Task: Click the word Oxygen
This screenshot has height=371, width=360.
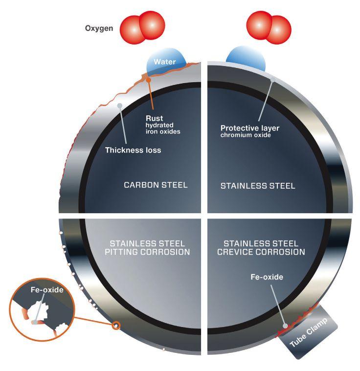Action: pyautogui.click(x=99, y=28)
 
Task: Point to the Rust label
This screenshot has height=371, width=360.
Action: pyautogui.click(x=154, y=118)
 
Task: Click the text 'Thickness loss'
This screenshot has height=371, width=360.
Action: pyautogui.click(x=133, y=150)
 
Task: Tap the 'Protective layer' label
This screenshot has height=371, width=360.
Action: pyautogui.click(x=249, y=128)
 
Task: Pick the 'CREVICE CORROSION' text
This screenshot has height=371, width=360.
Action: pyautogui.click(x=264, y=252)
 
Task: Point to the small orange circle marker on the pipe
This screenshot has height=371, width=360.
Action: pyautogui.click(x=116, y=325)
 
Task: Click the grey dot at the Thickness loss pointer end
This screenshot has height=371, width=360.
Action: pyautogui.click(x=119, y=105)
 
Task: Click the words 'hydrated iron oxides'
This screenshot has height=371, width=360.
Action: pyautogui.click(x=162, y=129)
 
